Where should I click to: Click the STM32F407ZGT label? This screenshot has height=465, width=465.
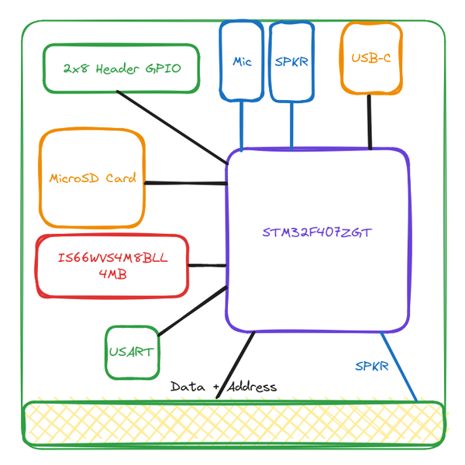tap(317, 232)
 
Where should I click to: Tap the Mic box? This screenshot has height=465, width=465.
tap(243, 60)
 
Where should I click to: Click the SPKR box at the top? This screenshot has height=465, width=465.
tap(291, 60)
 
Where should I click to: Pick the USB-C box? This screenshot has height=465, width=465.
tap(371, 58)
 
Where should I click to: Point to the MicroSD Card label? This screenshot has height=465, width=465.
tap(92, 178)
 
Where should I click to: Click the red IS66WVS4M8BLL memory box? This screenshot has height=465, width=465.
tap(112, 266)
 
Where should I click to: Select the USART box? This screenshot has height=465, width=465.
tap(130, 353)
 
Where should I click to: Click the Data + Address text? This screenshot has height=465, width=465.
tap(223, 386)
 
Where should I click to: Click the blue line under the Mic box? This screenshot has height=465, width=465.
tap(243, 124)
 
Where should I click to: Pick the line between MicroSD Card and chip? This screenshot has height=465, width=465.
tap(185, 183)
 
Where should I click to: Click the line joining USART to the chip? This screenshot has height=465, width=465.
tap(190, 311)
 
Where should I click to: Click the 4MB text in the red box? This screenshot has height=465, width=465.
tap(113, 274)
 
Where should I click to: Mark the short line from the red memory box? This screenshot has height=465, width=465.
tap(207, 266)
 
